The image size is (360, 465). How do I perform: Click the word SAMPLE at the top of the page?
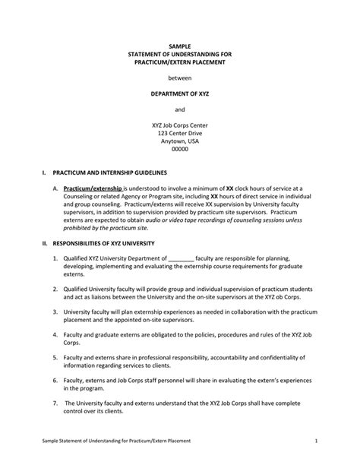coord(180,46)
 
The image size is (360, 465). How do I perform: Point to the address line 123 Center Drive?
coord(180,133)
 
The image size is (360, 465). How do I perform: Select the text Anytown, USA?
coord(180,141)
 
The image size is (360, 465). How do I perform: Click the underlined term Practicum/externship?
coord(93,188)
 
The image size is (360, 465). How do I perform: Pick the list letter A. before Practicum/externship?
coord(55,188)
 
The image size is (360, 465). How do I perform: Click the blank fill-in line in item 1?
coord(181,259)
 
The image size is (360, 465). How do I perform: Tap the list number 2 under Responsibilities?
coord(55,290)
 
